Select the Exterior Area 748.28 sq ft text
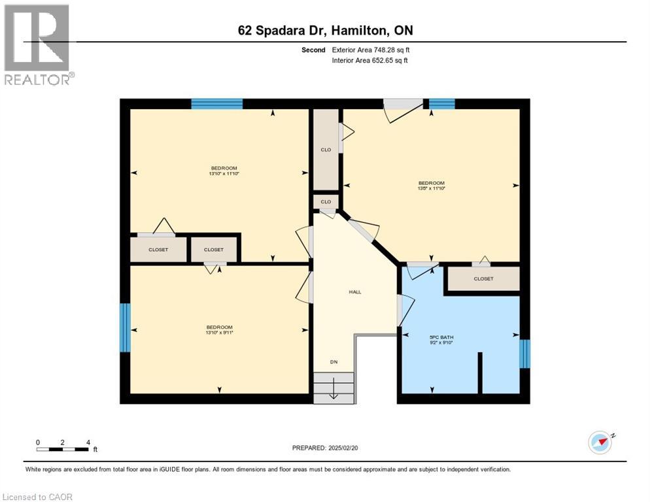(x=371, y=50)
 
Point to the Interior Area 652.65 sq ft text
(x=371, y=61)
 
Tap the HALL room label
(x=354, y=292)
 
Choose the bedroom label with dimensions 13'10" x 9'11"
(x=219, y=329)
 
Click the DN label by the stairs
(x=334, y=361)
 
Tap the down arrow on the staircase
(x=334, y=391)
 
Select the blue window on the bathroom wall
(x=524, y=354)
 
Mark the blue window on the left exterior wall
(x=125, y=327)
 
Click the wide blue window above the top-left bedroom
(x=217, y=103)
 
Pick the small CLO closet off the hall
(x=326, y=202)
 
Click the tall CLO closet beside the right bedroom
(x=326, y=150)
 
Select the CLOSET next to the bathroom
(x=483, y=278)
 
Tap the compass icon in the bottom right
(x=600, y=443)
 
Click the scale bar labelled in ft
(x=63, y=448)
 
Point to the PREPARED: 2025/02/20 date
(x=325, y=448)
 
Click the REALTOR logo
(x=38, y=44)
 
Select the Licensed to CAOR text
(x=38, y=497)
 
